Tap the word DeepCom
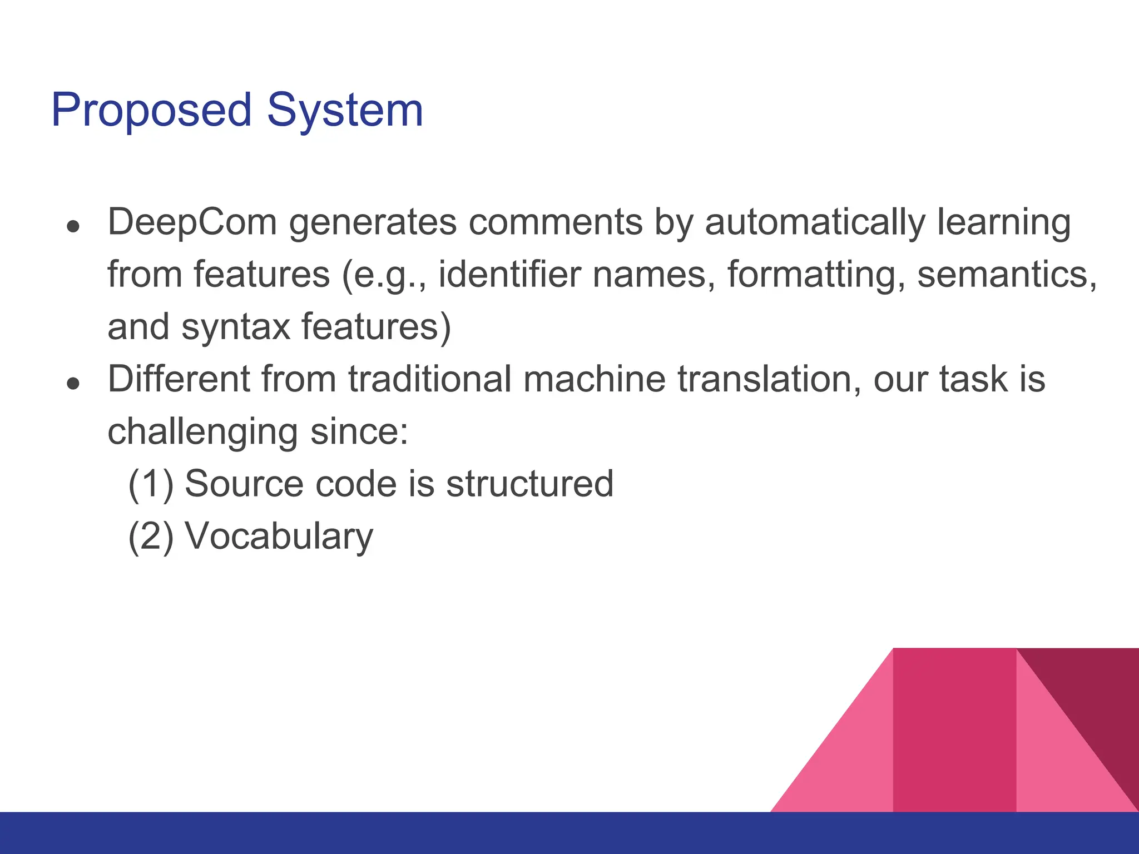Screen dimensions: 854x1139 [x=192, y=222]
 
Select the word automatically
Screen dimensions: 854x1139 [x=815, y=222]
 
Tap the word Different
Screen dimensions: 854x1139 [x=179, y=379]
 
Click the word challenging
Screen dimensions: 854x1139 [x=203, y=433]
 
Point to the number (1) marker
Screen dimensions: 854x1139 [x=151, y=484]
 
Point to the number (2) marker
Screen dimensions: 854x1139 [x=151, y=536]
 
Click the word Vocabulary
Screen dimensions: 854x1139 [x=279, y=537]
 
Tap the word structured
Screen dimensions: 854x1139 [x=529, y=484]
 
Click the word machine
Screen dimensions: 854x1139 [x=594, y=379]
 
